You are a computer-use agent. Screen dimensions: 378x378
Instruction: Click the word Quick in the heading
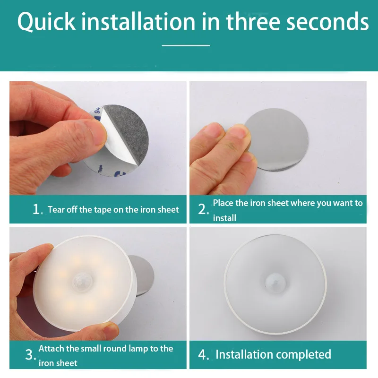click(x=46, y=21)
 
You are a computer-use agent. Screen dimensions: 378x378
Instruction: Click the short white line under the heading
click(x=186, y=45)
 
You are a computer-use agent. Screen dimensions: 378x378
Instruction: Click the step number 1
click(x=36, y=209)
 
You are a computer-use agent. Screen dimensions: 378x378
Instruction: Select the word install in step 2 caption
click(x=224, y=218)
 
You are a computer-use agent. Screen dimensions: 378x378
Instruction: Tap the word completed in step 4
click(x=303, y=355)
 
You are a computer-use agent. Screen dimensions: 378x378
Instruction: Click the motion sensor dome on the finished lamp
click(x=275, y=282)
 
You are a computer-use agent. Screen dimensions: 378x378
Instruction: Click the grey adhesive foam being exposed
click(x=128, y=132)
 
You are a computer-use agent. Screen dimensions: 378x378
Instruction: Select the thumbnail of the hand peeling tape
click(x=98, y=138)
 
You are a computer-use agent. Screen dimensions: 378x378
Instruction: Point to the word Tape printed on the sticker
click(x=100, y=169)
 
